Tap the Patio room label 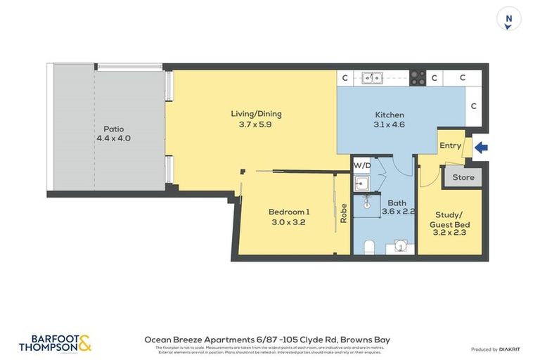[x=113, y=129]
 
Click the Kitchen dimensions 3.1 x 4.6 [x=389, y=124]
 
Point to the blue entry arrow [x=481, y=147]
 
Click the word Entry [x=450, y=146]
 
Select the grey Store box [x=463, y=177]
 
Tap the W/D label [x=362, y=166]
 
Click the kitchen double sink [x=372, y=78]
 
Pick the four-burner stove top [x=417, y=78]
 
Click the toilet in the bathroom [x=368, y=245]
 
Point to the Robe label [x=343, y=213]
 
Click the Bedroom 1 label [x=288, y=212]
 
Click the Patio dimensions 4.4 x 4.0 [x=113, y=139]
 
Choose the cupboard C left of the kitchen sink [x=345, y=78]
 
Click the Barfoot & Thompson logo [x=55, y=343]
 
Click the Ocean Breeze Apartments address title [x=266, y=340]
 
